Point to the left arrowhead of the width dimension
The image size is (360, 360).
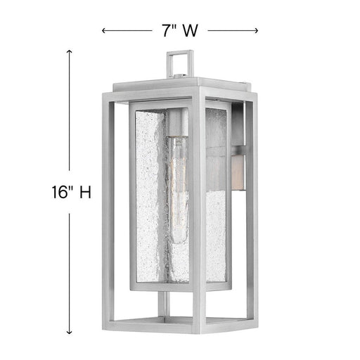pyautogui.click(x=104, y=30)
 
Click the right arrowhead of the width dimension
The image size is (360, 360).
pyautogui.click(x=257, y=30)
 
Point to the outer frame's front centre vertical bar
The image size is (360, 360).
pyautogui.click(x=198, y=211)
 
